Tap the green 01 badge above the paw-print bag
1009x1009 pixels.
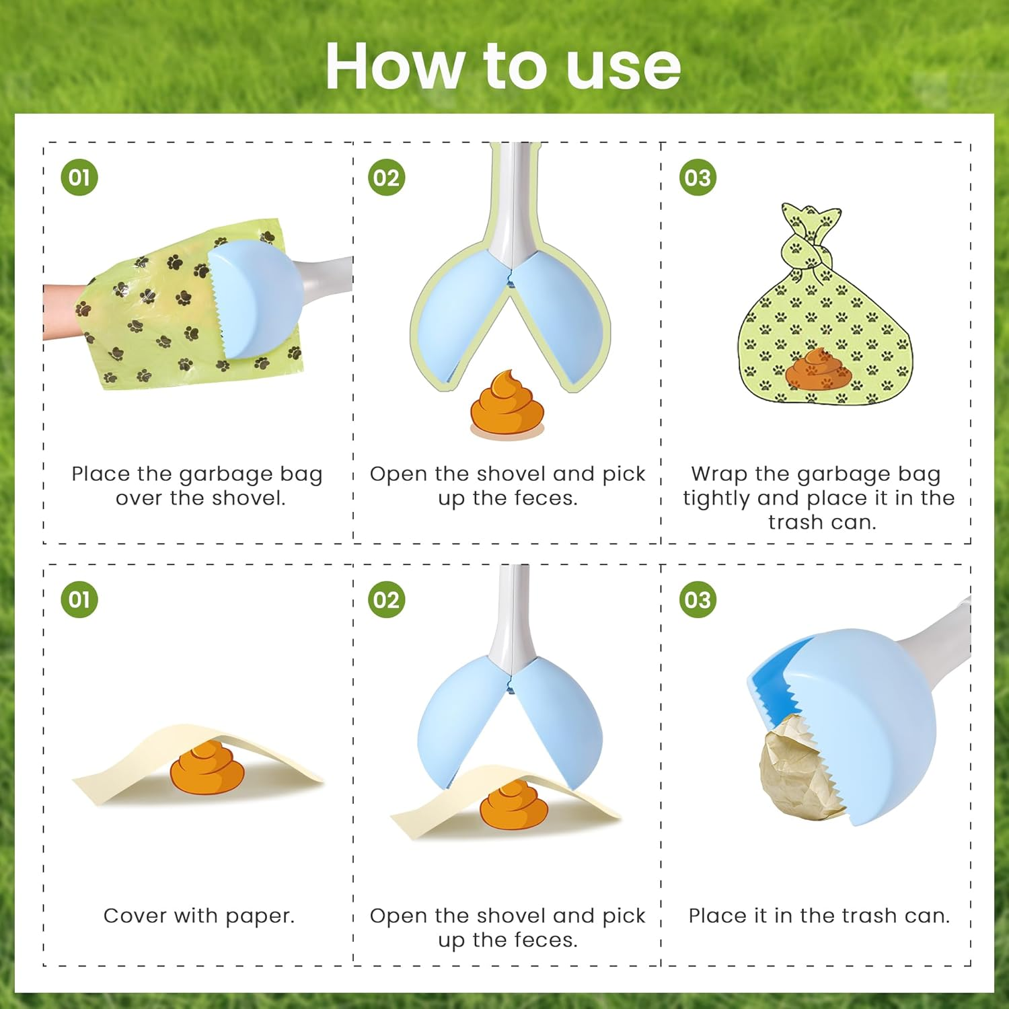[79, 178]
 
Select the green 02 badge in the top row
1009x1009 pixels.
[387, 178]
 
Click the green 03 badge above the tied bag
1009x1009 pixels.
[698, 178]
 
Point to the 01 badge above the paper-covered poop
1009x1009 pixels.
[79, 599]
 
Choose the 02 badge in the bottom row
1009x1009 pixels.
[387, 599]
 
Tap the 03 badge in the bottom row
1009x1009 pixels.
[698, 599]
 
